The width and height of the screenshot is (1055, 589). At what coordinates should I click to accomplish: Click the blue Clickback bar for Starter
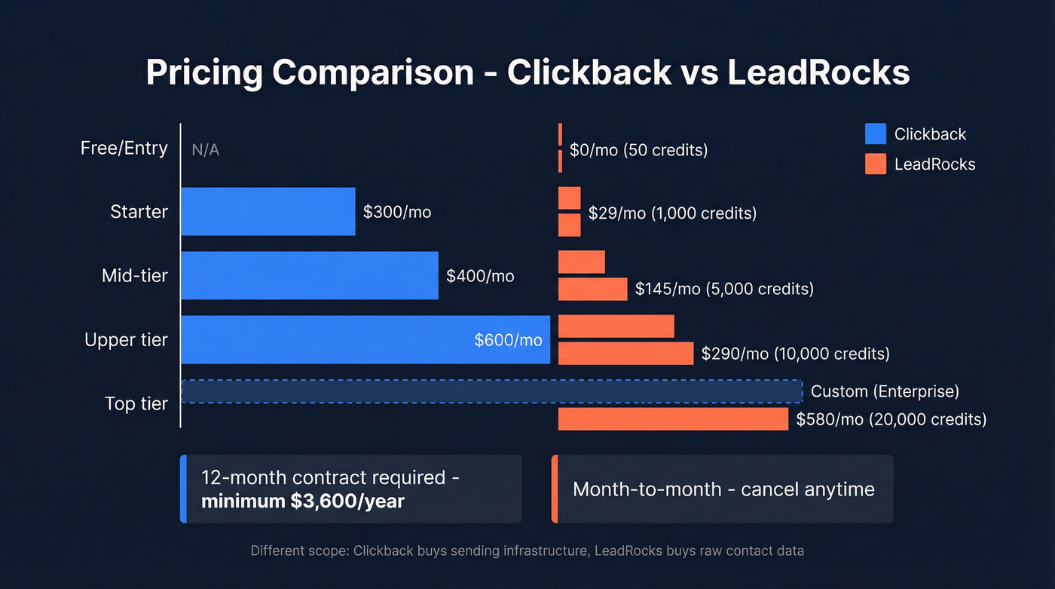[x=268, y=212]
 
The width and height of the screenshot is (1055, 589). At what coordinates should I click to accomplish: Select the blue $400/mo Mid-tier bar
[x=309, y=276]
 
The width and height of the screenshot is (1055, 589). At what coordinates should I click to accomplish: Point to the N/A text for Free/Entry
[x=206, y=149]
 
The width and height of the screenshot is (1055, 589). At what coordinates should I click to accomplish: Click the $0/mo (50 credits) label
[x=639, y=150]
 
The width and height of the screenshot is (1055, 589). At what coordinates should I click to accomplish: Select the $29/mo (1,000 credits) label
[x=672, y=213]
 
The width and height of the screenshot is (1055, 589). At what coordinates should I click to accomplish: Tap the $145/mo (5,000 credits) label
[x=724, y=289]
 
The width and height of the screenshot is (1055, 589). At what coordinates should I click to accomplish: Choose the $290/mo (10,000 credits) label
[x=795, y=354]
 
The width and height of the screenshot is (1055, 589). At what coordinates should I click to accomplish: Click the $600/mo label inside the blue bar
[x=508, y=340]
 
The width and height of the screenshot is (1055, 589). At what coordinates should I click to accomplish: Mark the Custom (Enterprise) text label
[x=885, y=391]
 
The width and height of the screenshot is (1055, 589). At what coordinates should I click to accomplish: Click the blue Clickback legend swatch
[x=876, y=134]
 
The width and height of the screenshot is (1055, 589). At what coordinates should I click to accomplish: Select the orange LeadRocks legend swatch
[x=876, y=164]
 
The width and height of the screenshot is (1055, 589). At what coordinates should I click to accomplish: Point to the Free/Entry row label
[x=124, y=148]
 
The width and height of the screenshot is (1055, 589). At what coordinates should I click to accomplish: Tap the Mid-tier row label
[x=135, y=276]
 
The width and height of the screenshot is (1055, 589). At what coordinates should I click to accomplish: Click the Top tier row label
[x=136, y=404]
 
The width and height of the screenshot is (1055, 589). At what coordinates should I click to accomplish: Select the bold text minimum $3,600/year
[x=302, y=500]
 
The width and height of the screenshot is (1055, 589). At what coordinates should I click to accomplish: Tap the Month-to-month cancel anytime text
[x=723, y=489]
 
